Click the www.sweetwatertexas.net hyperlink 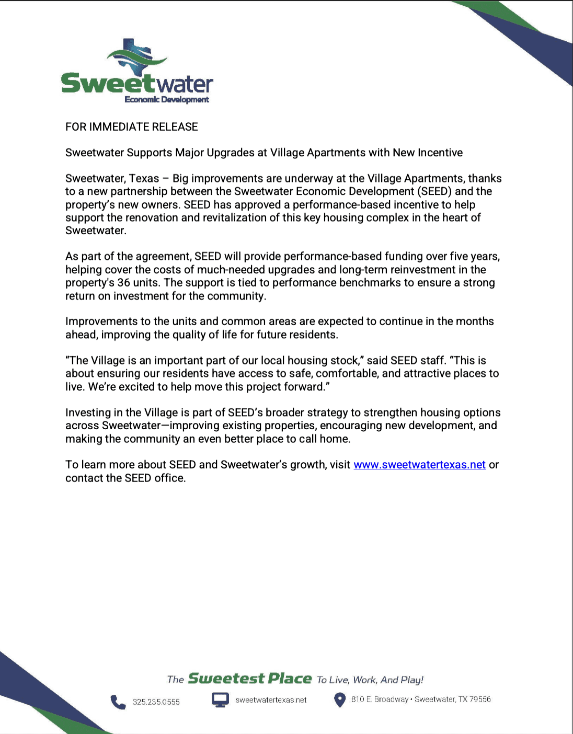click(x=419, y=465)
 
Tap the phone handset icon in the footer click(x=118, y=702)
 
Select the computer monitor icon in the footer click(x=220, y=700)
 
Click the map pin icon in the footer click(x=340, y=699)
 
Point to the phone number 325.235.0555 click(x=156, y=702)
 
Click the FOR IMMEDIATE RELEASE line click(x=132, y=127)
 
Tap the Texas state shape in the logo click(x=137, y=58)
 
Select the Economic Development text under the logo click(x=167, y=99)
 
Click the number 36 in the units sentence click(x=123, y=283)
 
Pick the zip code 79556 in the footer click(x=480, y=699)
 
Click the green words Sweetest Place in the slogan click(x=249, y=679)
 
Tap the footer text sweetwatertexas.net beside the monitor click(x=271, y=700)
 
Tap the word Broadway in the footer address click(x=391, y=699)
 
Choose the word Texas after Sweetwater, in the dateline click(x=144, y=179)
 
